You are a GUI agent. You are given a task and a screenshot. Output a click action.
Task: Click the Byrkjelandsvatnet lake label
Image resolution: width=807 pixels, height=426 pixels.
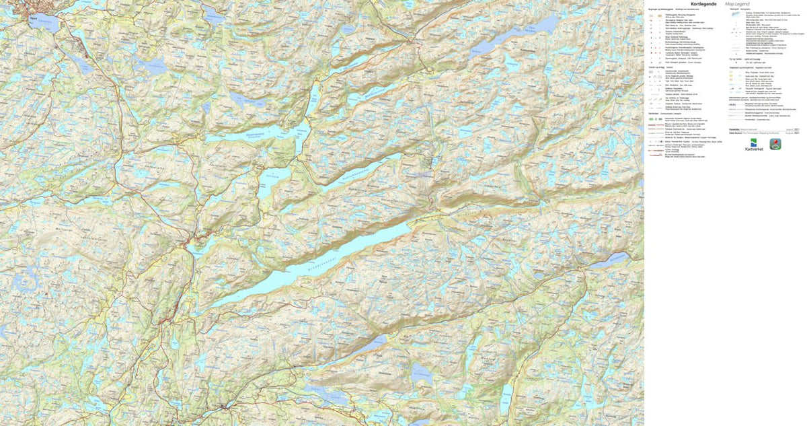click(272, 136)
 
